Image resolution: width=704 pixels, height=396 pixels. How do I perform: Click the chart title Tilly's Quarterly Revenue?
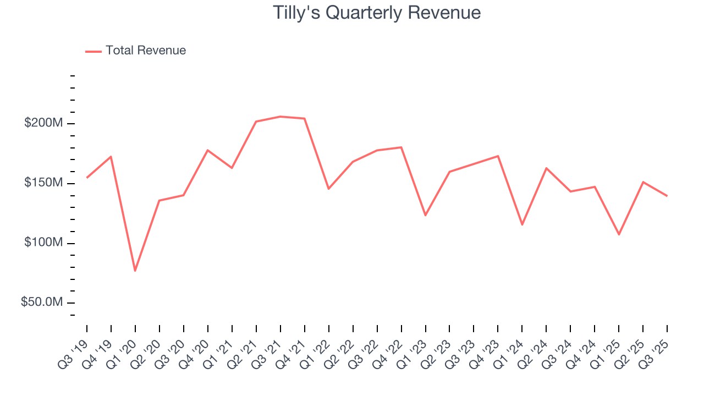(x=377, y=13)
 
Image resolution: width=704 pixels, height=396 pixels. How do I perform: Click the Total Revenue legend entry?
(x=136, y=51)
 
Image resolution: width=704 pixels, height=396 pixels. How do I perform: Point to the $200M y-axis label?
(x=43, y=123)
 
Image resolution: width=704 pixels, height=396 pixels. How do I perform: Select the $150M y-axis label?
(x=43, y=183)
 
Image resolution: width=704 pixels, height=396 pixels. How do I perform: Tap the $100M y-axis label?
(x=43, y=243)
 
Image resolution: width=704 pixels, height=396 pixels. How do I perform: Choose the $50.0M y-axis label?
(x=42, y=303)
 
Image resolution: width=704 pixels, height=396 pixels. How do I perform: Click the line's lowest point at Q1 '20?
(x=135, y=271)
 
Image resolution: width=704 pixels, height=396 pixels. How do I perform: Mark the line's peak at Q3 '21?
(x=280, y=117)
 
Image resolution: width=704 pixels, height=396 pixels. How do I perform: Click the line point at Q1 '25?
(x=619, y=234)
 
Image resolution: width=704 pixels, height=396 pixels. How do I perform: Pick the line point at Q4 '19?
(x=111, y=157)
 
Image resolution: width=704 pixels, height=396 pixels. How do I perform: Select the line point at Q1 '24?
(x=522, y=224)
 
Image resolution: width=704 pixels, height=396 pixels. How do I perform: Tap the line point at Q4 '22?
(x=401, y=147)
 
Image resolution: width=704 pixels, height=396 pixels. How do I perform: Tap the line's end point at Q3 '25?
(x=667, y=196)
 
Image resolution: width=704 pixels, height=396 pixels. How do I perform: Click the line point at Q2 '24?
(x=546, y=168)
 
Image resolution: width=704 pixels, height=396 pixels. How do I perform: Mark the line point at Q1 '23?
(x=425, y=215)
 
